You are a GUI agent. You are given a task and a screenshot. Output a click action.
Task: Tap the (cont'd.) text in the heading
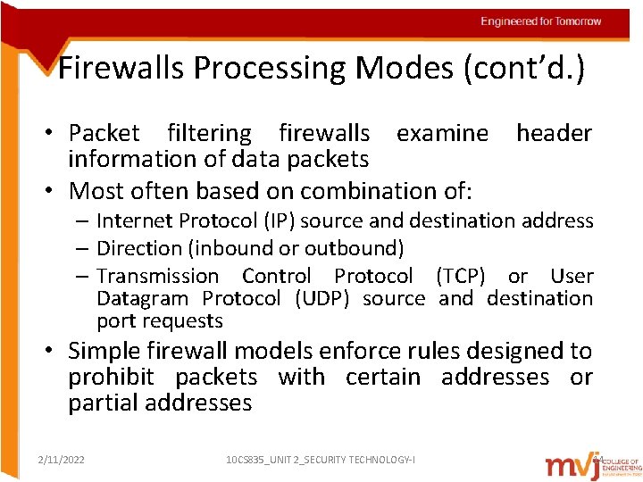pos(523,69)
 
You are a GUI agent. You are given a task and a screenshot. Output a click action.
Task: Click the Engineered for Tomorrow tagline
pos(540,21)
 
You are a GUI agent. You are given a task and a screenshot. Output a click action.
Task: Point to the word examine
pos(442,133)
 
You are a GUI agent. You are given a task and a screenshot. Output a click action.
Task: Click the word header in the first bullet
pos(554,133)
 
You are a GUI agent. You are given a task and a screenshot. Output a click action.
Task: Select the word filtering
pos(209,133)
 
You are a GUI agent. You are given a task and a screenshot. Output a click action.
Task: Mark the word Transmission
pos(157,277)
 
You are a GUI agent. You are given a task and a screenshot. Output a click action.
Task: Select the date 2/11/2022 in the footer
pos(62,460)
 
